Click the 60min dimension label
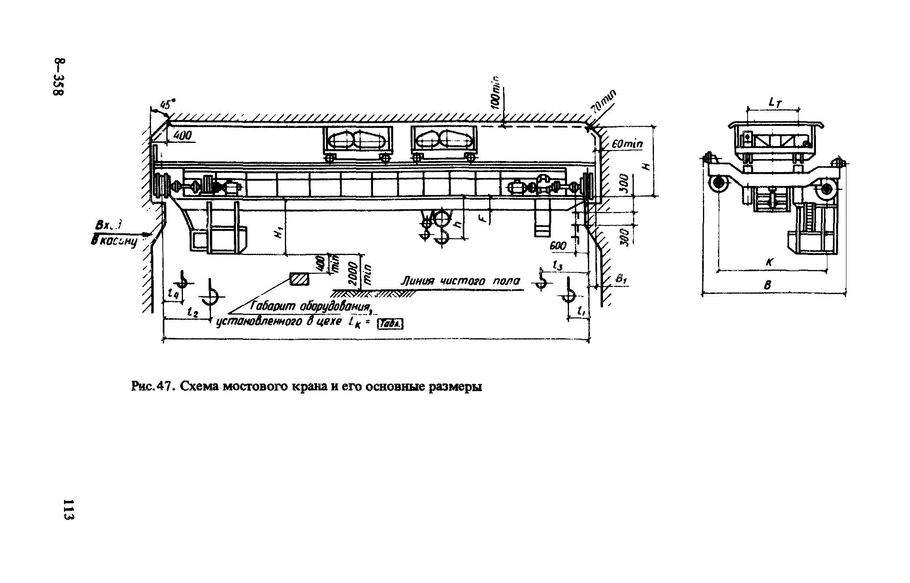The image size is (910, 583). (x=627, y=145)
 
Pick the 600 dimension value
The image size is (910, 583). (x=558, y=246)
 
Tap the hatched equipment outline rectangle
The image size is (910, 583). (x=300, y=279)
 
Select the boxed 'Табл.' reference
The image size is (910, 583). (x=390, y=324)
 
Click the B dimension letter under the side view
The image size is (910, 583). (x=769, y=285)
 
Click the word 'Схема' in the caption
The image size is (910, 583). (x=199, y=387)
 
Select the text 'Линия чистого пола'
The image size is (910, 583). (x=460, y=281)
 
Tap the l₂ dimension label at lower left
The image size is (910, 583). (x=193, y=312)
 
